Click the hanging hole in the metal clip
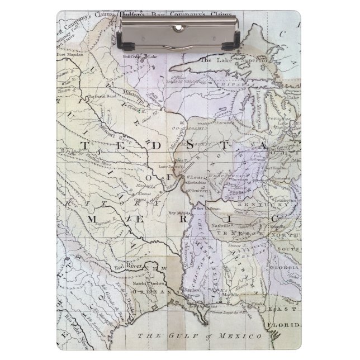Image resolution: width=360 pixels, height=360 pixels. pos(179,27)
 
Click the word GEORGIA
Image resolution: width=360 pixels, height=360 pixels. pos(283,269)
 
